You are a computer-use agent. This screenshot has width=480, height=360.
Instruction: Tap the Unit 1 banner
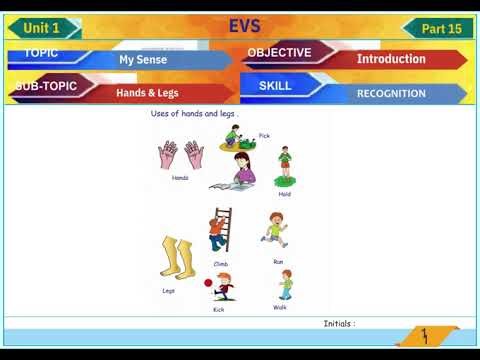(46, 28)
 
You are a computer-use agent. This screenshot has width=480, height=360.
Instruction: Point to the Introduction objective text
(391, 59)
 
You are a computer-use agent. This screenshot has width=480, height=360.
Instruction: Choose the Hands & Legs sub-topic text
(146, 93)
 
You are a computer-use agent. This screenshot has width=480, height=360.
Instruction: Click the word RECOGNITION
(391, 94)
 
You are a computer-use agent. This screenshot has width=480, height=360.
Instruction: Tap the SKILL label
(275, 86)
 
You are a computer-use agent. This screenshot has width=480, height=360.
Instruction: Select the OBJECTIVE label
(279, 52)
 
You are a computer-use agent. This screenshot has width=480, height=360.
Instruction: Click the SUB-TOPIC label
(47, 86)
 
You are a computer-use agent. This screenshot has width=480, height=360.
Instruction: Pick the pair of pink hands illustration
(180, 156)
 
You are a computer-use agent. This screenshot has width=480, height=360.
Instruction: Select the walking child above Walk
(285, 285)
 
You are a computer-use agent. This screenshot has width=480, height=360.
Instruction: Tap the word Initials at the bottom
(339, 324)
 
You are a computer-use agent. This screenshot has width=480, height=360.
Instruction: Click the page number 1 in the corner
(425, 335)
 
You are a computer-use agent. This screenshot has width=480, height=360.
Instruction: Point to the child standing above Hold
(285, 164)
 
